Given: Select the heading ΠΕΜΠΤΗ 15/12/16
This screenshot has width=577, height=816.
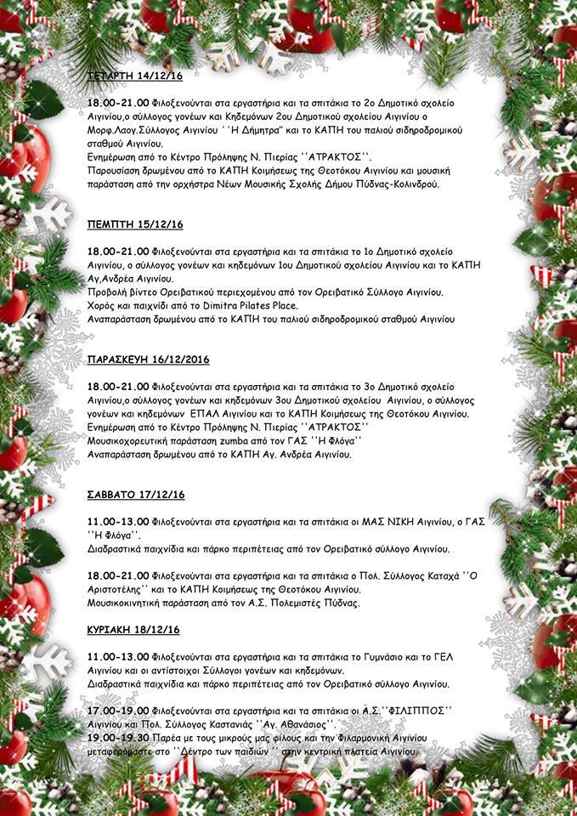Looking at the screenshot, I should click(135, 224).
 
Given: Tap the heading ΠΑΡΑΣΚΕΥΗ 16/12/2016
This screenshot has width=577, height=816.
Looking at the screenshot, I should click(148, 360).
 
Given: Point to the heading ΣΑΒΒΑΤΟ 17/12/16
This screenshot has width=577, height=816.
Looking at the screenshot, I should click(136, 494).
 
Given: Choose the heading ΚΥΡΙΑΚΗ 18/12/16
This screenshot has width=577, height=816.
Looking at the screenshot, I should click(133, 629).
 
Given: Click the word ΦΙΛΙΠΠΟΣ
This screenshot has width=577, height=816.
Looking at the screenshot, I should click(416, 711).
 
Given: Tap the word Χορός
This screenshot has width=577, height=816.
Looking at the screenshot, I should click(103, 304).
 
